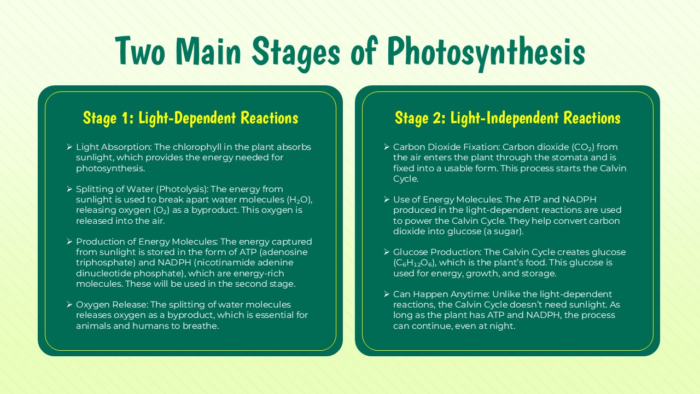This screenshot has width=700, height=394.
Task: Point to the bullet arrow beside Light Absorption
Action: pyautogui.click(x=69, y=147)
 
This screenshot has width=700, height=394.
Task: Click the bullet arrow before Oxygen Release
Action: pyautogui.click(x=69, y=304)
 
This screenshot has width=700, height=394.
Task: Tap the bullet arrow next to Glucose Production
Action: pyautogui.click(x=387, y=252)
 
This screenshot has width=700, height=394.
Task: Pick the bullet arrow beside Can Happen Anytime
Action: pyautogui.click(x=387, y=294)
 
